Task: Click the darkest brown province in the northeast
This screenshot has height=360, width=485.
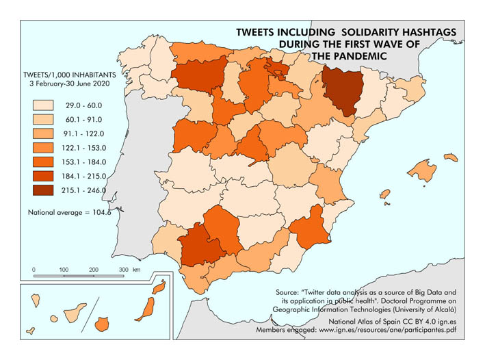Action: (x=339, y=92)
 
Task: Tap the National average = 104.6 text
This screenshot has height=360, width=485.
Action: (x=69, y=213)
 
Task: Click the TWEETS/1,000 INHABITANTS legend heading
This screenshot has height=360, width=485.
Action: (x=66, y=73)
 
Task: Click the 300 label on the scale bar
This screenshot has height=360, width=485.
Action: (x=123, y=270)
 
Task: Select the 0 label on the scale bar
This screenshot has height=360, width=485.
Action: (x=34, y=270)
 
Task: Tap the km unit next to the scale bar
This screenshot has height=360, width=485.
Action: (x=137, y=270)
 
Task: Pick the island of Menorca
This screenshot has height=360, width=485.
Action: (x=450, y=157)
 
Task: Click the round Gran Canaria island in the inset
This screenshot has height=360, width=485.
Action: (x=103, y=322)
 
